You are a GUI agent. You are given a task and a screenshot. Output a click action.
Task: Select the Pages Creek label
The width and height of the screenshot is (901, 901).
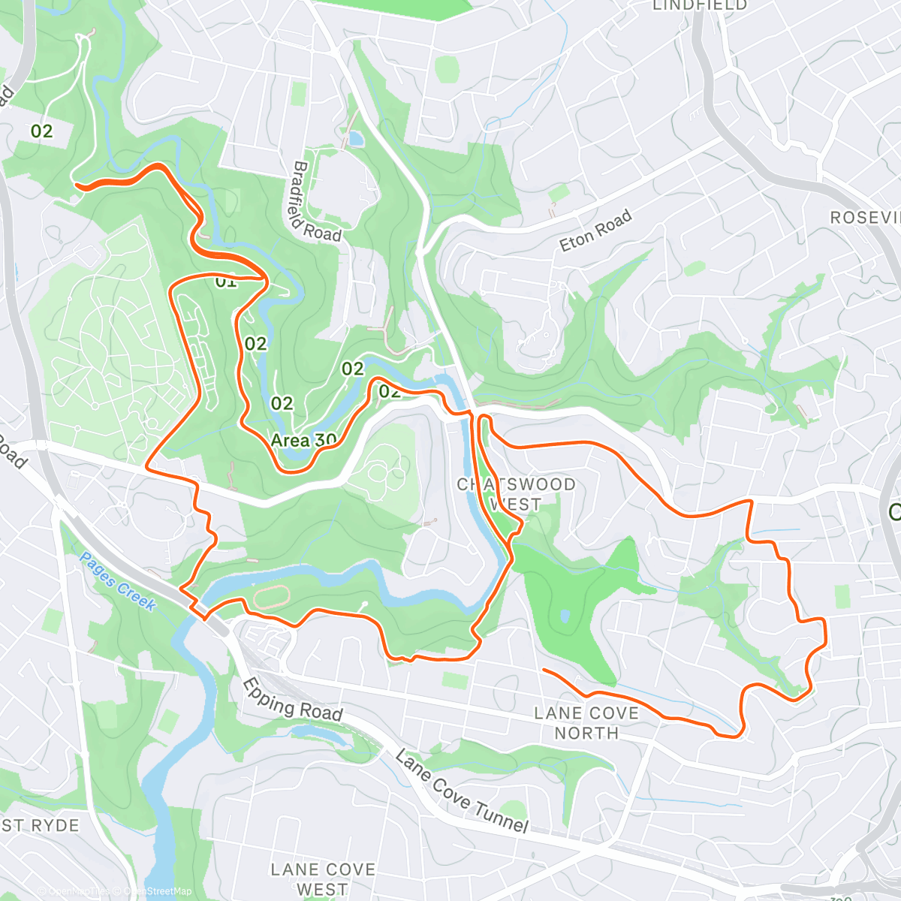coord(117,581)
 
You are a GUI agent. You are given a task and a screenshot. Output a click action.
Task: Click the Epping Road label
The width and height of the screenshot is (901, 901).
coord(293,698)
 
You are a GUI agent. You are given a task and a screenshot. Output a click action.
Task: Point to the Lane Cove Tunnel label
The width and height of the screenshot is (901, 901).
coord(462,792)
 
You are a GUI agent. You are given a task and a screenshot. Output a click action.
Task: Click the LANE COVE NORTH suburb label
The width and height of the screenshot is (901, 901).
coord(586,722)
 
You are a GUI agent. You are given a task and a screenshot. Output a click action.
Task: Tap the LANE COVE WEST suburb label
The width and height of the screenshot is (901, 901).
coord(322,879)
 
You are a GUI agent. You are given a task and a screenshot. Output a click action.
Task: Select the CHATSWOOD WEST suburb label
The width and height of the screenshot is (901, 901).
coord(517,494)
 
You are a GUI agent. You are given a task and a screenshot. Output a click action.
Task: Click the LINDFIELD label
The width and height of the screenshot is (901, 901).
coord(700,6)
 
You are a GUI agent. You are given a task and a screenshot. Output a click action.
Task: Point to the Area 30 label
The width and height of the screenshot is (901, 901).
coord(303,441)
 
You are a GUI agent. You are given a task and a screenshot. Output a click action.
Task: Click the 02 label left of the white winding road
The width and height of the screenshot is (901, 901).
coord(42,131)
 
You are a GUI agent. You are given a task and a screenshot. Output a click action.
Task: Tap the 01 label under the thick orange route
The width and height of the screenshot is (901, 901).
coord(225,283)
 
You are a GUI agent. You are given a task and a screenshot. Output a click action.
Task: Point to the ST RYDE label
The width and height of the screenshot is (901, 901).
coord(41,825)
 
